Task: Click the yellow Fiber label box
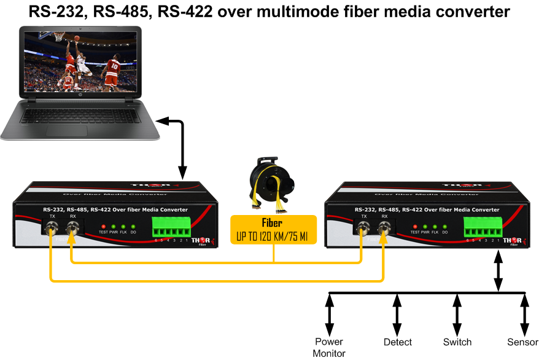pos(273,229)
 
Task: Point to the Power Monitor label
pos(329,347)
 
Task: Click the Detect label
pos(397,342)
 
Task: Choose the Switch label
pos(457,342)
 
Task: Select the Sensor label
pos(522,342)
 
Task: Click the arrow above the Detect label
pos(397,313)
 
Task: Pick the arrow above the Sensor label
pos(524,313)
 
